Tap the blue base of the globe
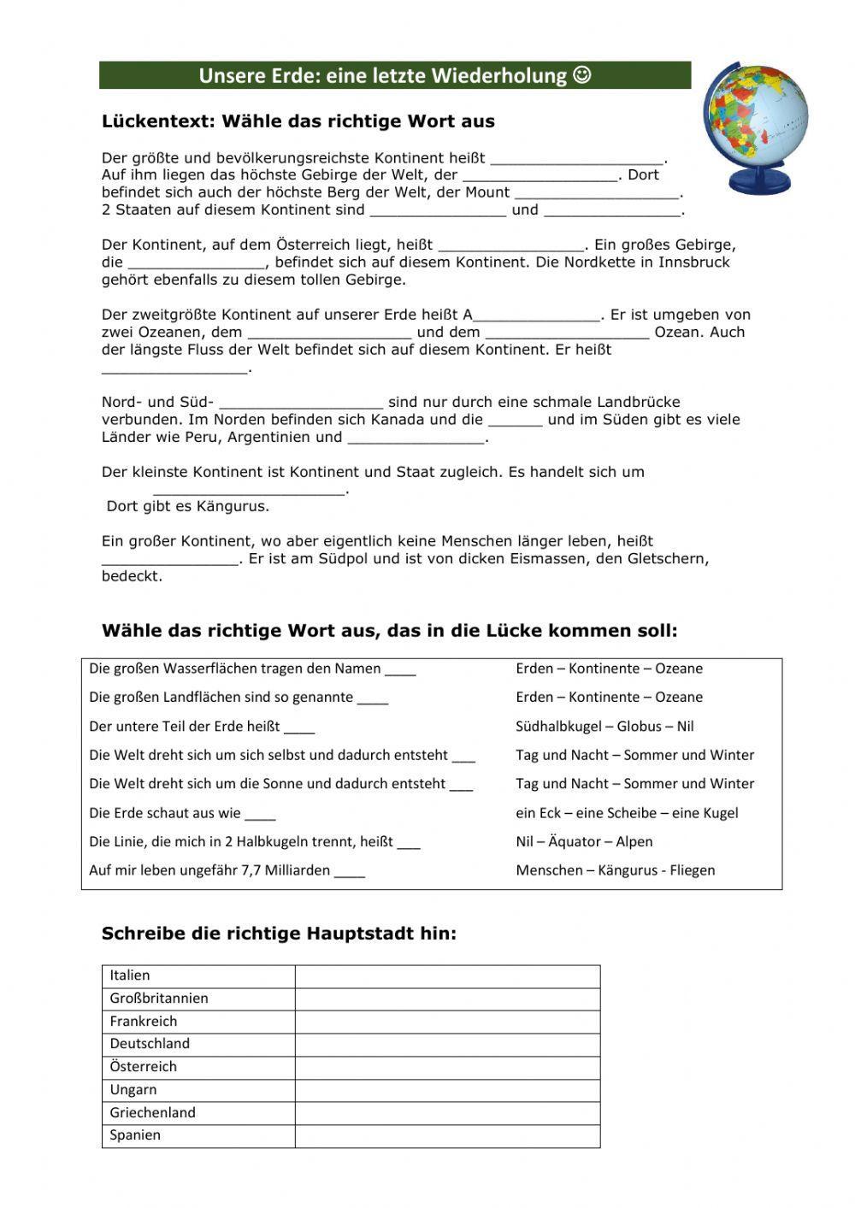pos(757,181)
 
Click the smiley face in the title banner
pos(581,76)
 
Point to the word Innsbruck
pos(693,262)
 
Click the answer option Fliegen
pos(689,870)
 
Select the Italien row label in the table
pos(130,975)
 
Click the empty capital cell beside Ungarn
pos(447,1090)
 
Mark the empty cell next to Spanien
pos(447,1135)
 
